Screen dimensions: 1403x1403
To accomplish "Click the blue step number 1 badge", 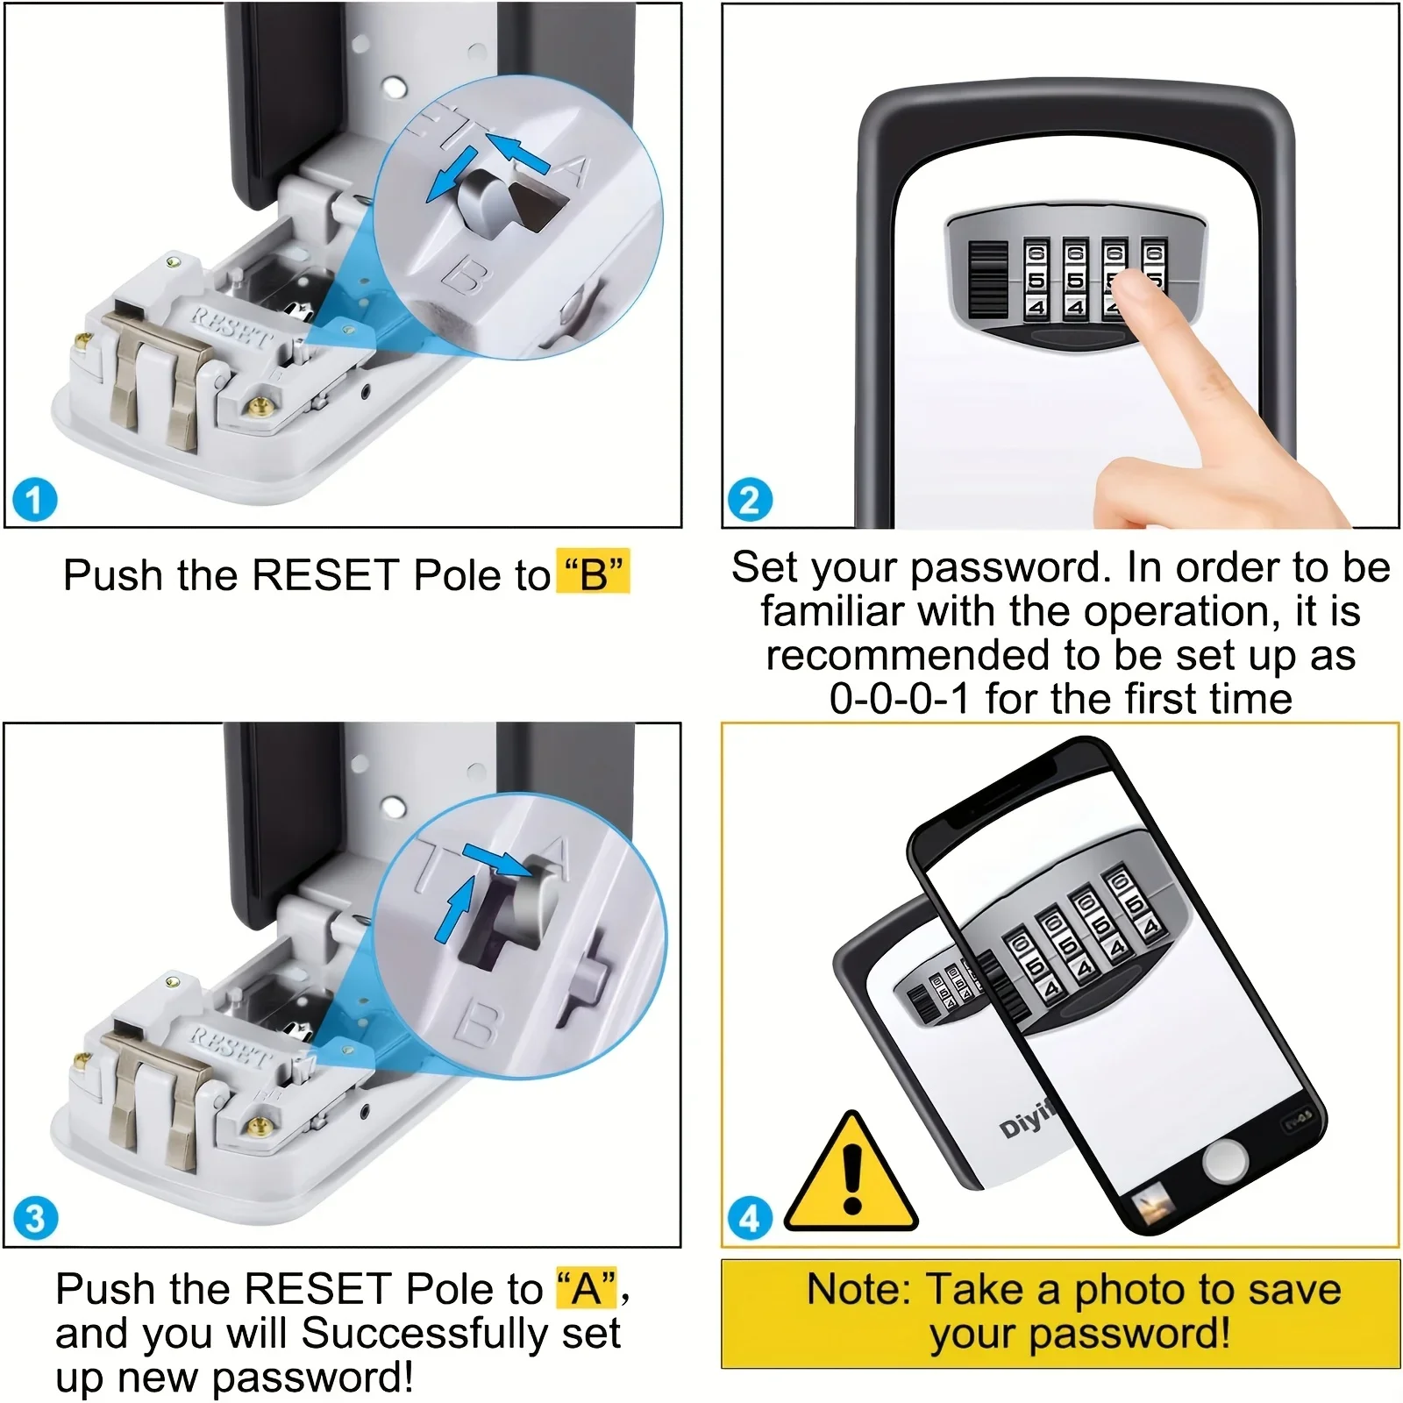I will [35, 501].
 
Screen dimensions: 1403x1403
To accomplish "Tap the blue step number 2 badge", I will [750, 501].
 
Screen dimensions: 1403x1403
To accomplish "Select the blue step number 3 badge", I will [35, 1219].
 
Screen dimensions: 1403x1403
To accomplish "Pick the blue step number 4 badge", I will [750, 1219].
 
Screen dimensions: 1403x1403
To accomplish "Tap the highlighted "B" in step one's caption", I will [594, 574].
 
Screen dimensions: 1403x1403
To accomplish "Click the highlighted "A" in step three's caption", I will [587, 1288].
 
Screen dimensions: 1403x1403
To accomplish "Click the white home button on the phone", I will [1224, 1163].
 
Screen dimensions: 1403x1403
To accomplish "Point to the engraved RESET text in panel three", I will [230, 1045].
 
